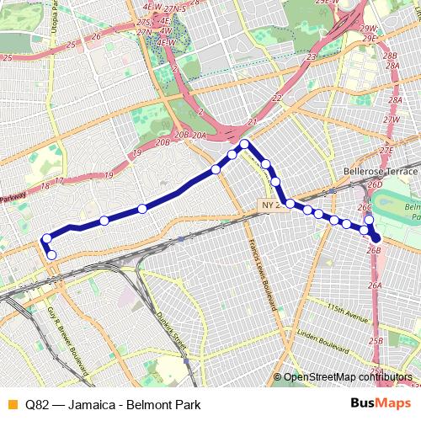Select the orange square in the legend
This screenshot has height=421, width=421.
(x=11, y=402)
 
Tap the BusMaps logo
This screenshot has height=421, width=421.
(x=381, y=402)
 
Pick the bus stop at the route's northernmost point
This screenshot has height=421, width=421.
(x=245, y=145)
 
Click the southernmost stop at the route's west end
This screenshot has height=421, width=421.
(x=51, y=254)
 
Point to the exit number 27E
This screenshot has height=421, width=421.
(x=386, y=150)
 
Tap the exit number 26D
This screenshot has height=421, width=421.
(x=376, y=184)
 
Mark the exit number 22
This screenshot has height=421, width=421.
(x=276, y=99)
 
